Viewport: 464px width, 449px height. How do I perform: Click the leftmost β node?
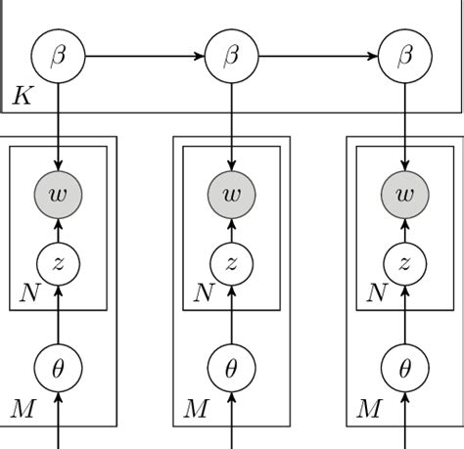pyautogui.click(x=58, y=57)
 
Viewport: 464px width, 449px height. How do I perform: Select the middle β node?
pyautogui.click(x=231, y=57)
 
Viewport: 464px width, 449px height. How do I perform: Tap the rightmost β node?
pyautogui.click(x=404, y=57)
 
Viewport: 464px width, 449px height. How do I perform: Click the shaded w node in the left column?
pyautogui.click(x=58, y=194)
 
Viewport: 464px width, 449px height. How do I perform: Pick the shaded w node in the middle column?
pyautogui.click(x=231, y=194)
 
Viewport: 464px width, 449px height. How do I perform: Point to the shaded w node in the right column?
pyautogui.click(x=404, y=194)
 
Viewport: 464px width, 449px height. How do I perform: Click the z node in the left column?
pyautogui.click(x=58, y=262)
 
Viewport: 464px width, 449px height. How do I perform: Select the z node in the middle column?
pyautogui.click(x=231, y=262)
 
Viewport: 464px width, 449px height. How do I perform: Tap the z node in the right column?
pyautogui.click(x=404, y=262)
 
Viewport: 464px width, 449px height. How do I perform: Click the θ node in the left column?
pyautogui.click(x=58, y=369)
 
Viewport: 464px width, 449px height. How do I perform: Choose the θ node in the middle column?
pyautogui.click(x=231, y=369)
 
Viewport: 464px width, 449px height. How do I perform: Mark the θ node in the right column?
pyautogui.click(x=404, y=369)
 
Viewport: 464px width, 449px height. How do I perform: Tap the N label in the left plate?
pyautogui.click(x=30, y=293)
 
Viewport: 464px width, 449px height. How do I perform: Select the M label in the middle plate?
pyautogui.click(x=195, y=409)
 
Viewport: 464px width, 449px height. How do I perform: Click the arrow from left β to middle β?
pyautogui.click(x=145, y=57)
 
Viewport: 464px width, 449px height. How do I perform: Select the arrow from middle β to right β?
pyautogui.click(x=318, y=57)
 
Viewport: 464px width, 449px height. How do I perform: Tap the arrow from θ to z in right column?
pyautogui.click(x=404, y=315)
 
